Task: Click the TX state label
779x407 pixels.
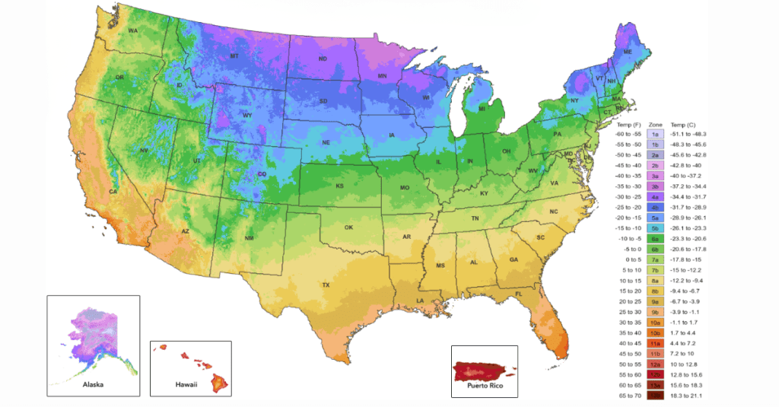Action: pyautogui.click(x=326, y=285)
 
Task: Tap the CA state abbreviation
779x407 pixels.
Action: pyautogui.click(x=113, y=192)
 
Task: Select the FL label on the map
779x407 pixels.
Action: pyautogui.click(x=518, y=294)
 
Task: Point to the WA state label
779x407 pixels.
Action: pyautogui.click(x=132, y=31)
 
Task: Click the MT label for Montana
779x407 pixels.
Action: pyautogui.click(x=234, y=57)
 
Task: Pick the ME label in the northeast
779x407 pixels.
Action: pyautogui.click(x=627, y=52)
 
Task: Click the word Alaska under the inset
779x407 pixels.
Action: pyautogui.click(x=94, y=384)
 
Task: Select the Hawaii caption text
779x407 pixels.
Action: pyautogui.click(x=185, y=384)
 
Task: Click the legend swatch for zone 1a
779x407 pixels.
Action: pyautogui.click(x=655, y=134)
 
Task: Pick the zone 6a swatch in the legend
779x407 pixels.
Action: pyautogui.click(x=655, y=238)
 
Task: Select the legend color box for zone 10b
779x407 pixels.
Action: pyautogui.click(x=655, y=332)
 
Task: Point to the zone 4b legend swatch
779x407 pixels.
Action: pyautogui.click(x=655, y=207)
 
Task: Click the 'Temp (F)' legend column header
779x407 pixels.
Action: pyautogui.click(x=628, y=124)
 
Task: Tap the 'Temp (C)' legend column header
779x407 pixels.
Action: pyautogui.click(x=685, y=124)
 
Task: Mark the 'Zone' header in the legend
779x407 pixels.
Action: pyautogui.click(x=655, y=124)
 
